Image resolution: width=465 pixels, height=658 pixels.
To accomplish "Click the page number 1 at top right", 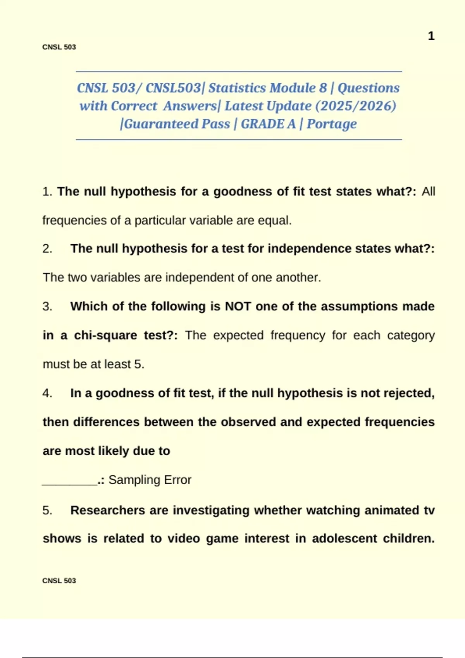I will (x=431, y=36).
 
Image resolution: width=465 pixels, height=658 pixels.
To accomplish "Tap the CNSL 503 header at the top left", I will (x=59, y=47).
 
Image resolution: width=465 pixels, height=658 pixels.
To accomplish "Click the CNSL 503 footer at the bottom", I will (x=59, y=581).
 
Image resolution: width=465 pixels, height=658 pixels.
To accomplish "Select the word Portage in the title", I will (x=332, y=124).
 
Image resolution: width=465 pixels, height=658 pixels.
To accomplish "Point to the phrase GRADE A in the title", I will (x=268, y=124).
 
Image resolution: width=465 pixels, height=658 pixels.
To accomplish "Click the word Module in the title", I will (x=294, y=88).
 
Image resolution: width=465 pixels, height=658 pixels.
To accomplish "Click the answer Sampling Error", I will (x=150, y=480).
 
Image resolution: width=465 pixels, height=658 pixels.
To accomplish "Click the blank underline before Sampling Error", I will (x=69, y=482).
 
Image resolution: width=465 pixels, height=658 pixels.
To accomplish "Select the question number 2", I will (x=47, y=249).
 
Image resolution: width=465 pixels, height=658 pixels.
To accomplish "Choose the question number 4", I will (x=47, y=393).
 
